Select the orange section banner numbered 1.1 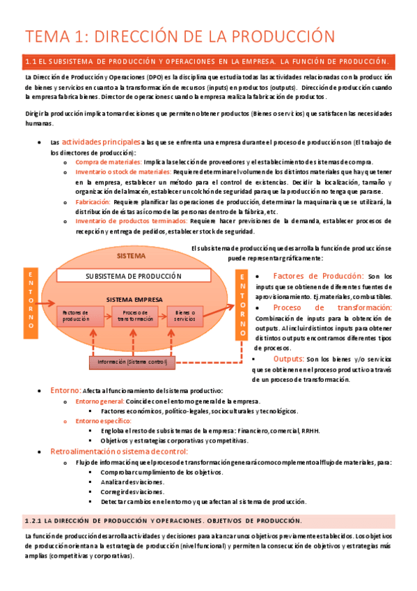[x=208, y=62]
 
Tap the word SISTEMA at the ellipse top [x=131, y=256]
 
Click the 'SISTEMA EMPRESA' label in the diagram [x=134, y=299]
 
